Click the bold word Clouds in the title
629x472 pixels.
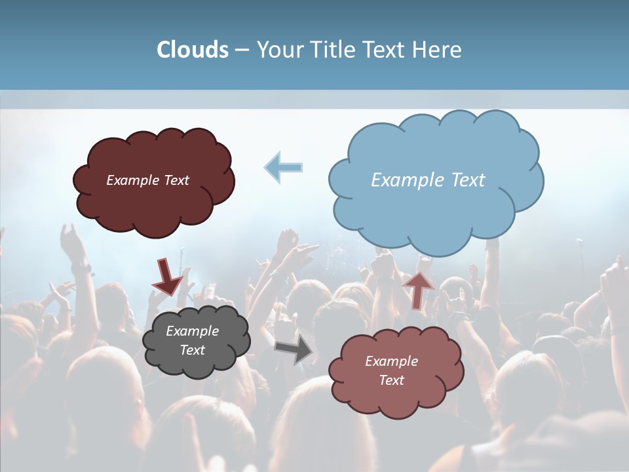point(193,50)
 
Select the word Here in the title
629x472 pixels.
point(438,50)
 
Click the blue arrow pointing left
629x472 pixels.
point(284,167)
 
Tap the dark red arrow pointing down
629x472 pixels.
point(166,277)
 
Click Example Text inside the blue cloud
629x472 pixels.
point(428,180)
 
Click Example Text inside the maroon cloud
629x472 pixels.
point(147,180)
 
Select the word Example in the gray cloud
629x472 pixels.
point(192,331)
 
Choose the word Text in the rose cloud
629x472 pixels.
point(391,380)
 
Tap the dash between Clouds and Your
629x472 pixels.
point(242,50)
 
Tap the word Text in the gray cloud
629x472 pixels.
point(192,350)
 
